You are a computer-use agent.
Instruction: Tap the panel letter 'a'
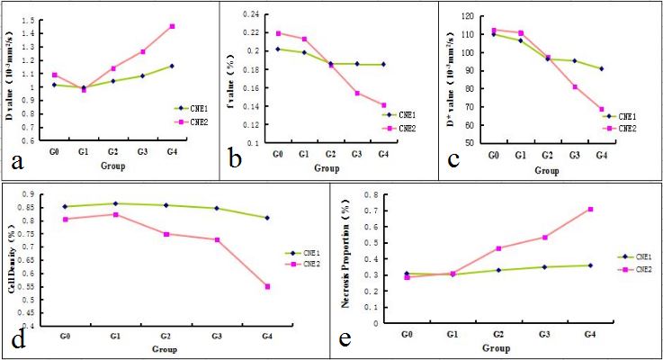16,161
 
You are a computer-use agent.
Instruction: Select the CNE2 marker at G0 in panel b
279,33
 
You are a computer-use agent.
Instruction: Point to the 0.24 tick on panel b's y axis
260,15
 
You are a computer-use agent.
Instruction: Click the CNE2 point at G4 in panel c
602,110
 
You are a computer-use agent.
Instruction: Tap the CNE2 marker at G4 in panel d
268,286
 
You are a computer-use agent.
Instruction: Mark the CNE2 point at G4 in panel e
589,210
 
